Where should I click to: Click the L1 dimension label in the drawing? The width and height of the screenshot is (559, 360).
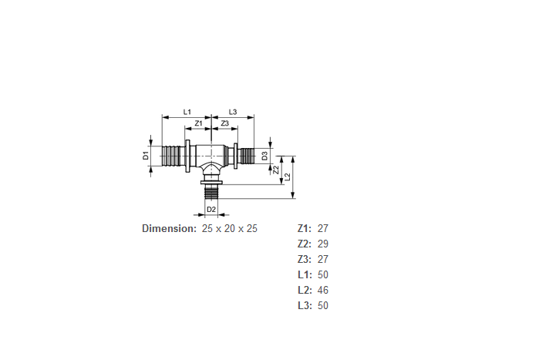[187, 112]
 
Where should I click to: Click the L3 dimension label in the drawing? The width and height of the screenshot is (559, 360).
[232, 112]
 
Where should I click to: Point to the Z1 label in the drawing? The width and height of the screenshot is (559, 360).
[199, 123]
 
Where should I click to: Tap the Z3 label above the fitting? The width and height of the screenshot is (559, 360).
[224, 123]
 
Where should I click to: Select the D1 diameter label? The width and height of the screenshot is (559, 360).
[146, 156]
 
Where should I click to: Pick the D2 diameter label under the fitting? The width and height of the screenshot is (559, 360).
[211, 209]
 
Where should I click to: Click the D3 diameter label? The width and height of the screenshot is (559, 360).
[264, 156]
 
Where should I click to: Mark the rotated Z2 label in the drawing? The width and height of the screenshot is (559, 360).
[276, 170]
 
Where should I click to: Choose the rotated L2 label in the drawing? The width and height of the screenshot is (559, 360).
[288, 177]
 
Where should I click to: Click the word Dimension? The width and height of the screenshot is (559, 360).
[169, 228]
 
